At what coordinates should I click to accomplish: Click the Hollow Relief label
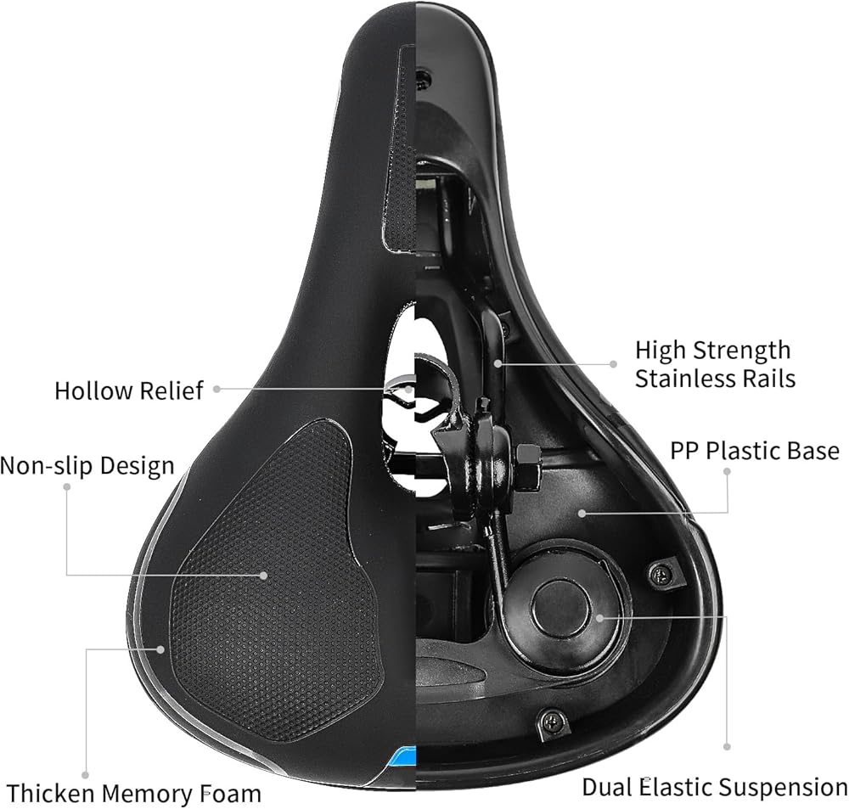tap(129, 390)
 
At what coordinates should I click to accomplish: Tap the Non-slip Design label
tap(87, 465)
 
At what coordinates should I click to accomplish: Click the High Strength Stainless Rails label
tap(714, 363)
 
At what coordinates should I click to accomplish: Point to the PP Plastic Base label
tap(755, 450)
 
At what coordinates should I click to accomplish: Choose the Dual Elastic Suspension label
tap(714, 787)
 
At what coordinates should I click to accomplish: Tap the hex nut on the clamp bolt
tap(527, 466)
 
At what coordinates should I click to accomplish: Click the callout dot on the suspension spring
tap(599, 617)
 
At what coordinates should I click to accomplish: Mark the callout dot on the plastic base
tap(581, 512)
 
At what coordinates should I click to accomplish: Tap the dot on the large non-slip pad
tap(264, 575)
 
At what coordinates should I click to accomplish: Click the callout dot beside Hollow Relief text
tap(216, 389)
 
